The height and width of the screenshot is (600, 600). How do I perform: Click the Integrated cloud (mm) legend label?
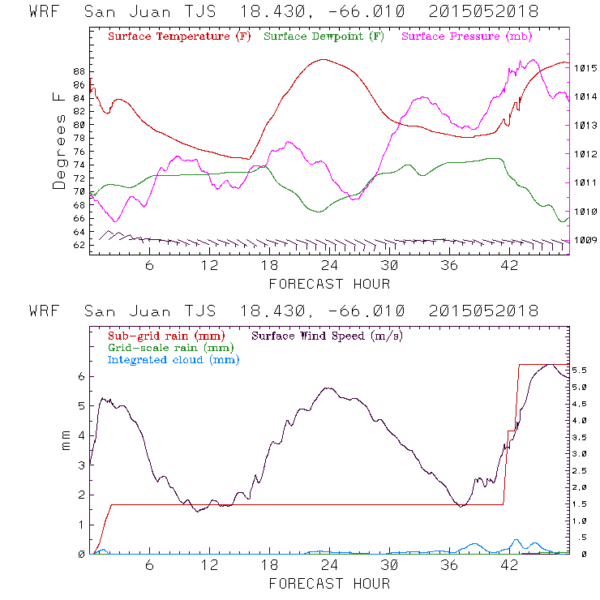173,359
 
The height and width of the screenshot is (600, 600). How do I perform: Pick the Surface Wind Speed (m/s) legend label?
327,334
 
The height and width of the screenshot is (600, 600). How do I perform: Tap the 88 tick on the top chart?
79,71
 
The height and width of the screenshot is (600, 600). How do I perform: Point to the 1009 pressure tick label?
585,240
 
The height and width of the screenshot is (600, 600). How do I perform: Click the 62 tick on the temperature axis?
79,244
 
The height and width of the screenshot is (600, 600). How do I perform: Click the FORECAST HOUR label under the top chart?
329,284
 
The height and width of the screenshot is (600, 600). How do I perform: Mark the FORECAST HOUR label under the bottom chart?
329,584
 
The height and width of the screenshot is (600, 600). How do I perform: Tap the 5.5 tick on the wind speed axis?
581,370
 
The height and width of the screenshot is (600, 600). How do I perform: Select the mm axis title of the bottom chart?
66,442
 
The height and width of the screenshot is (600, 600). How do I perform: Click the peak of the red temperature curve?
324,59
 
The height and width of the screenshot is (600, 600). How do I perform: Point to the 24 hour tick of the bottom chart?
329,566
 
